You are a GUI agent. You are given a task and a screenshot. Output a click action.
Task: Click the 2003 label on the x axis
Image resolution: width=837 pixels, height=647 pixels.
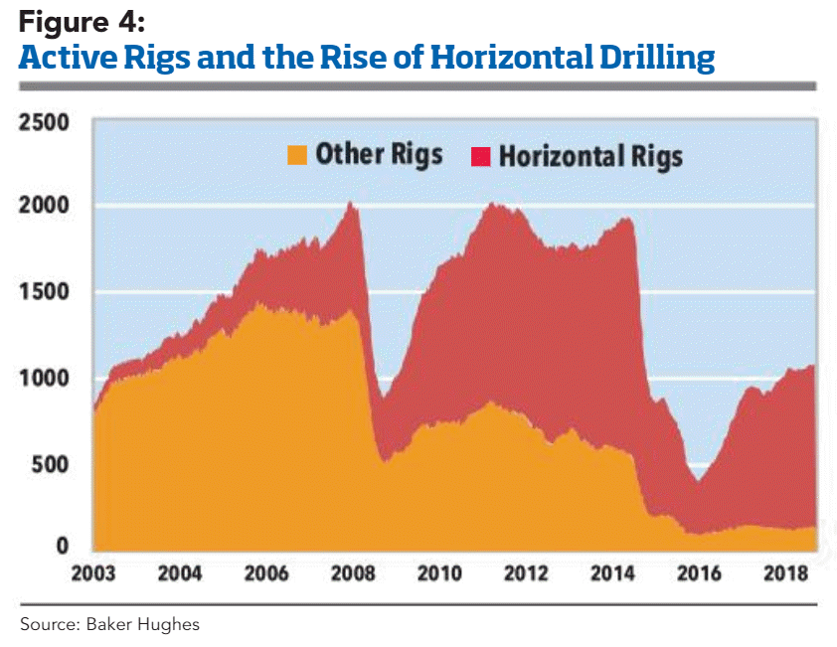93,575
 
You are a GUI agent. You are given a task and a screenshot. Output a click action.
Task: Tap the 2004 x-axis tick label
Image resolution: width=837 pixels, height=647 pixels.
180,575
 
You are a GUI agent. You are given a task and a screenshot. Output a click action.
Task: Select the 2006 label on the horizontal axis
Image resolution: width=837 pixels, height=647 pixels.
266,575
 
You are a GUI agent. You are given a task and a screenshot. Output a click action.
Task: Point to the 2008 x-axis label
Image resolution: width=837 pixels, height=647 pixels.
353,575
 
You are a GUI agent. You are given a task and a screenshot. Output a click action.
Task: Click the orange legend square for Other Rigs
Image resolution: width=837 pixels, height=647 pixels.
297,155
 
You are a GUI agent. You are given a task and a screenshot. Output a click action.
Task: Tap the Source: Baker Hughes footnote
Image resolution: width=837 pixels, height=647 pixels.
110,624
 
